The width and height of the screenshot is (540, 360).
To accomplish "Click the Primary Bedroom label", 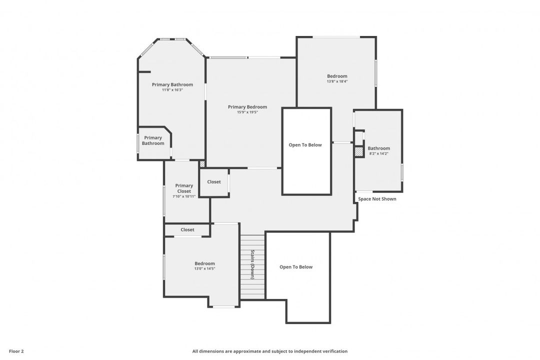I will [x=247, y=107].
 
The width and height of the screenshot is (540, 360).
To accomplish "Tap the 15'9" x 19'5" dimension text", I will [x=247, y=112].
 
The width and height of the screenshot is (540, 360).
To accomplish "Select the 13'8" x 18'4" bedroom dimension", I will [x=337, y=81].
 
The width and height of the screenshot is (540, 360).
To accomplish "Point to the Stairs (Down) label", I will [x=253, y=264].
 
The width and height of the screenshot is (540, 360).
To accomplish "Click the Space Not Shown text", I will [x=377, y=199].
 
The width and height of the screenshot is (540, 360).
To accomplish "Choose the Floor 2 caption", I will [x=16, y=351].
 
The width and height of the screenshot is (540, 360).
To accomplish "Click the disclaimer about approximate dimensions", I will [x=269, y=351].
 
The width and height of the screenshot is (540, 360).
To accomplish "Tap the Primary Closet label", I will [x=184, y=188].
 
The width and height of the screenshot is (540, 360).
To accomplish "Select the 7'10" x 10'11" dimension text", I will [x=184, y=196].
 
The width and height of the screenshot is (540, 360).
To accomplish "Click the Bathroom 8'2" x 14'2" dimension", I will [x=378, y=154].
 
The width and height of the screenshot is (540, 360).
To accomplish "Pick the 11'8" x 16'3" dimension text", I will [x=172, y=90].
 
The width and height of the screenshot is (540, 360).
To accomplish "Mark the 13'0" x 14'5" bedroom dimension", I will [x=204, y=268].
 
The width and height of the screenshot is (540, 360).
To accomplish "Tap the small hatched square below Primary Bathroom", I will [x=202, y=163].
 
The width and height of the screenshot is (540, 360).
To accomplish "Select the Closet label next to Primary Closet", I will [x=214, y=182].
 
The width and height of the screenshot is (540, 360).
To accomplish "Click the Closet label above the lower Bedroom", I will [x=187, y=230].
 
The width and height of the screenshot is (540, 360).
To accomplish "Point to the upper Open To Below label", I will [x=305, y=145].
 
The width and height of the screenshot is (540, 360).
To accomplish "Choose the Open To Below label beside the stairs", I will [x=296, y=267].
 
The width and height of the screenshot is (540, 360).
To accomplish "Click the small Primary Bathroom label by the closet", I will [x=153, y=140].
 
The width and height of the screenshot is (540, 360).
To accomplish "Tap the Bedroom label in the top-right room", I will [x=337, y=76].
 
